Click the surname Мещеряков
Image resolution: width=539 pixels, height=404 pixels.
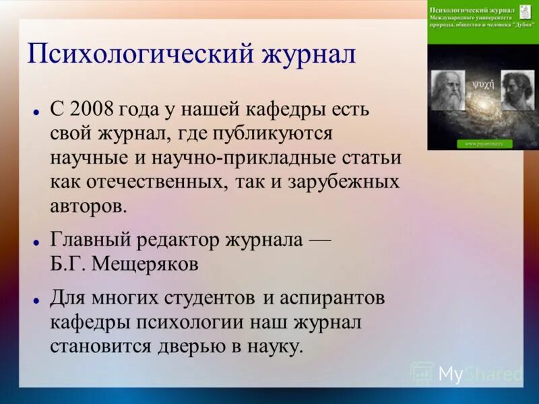point(145,263)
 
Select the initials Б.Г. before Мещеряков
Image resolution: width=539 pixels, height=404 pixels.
point(68,263)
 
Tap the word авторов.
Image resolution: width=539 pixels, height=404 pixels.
point(88,205)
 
